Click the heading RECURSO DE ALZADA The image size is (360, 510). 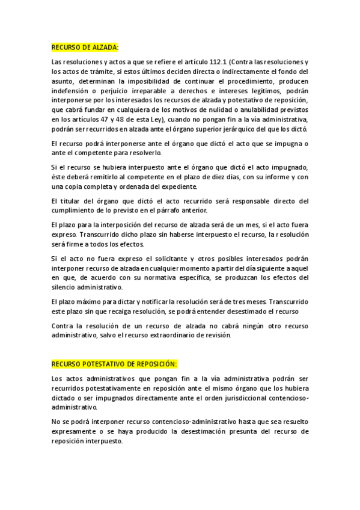point(84,47)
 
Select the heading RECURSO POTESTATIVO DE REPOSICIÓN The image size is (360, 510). point(114,364)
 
